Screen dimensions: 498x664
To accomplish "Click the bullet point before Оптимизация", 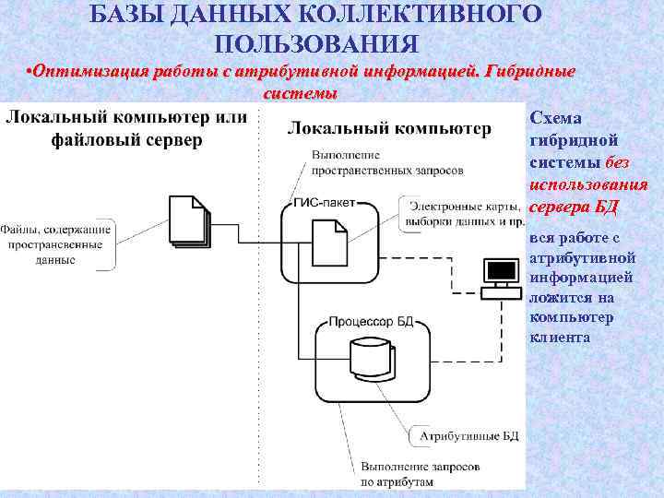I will click(x=30, y=72).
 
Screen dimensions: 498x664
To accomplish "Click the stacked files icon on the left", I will click(x=191, y=221).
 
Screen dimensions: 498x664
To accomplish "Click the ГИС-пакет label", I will click(x=322, y=204).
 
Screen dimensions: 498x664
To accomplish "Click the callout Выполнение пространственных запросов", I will click(x=387, y=162).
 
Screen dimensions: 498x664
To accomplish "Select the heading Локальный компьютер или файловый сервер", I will click(x=126, y=128).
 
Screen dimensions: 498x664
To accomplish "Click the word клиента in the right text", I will click(x=560, y=338).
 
